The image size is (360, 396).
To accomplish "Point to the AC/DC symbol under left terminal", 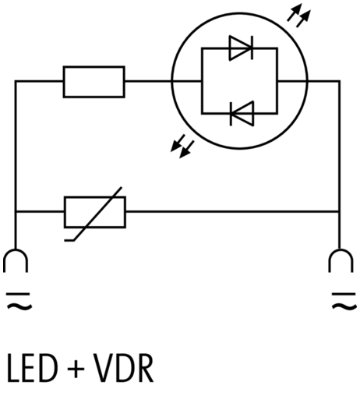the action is point(19,302).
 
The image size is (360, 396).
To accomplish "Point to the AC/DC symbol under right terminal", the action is point(344,302).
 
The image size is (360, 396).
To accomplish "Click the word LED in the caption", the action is point(32,368).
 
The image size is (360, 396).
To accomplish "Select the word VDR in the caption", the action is point(123,368).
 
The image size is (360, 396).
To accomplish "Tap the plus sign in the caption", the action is point(76,369).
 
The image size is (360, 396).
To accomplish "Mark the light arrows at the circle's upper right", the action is point(298,15).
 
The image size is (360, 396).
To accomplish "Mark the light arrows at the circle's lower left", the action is point(182,146).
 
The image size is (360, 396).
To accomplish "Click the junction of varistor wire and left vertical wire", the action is point(16,212).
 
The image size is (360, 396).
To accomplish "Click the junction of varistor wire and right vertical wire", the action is point(340,212).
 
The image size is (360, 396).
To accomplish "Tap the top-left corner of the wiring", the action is point(16,81).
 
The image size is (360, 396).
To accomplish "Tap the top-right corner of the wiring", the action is point(340,81).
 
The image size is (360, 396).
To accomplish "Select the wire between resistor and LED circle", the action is point(148,82).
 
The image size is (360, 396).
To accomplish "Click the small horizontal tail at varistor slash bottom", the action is point(69,241).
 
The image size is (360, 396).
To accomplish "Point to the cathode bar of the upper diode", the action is point(252,48).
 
